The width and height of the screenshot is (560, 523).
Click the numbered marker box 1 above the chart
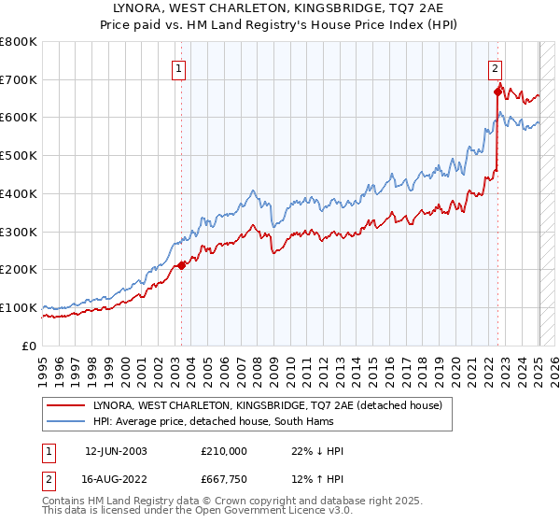point(177,67)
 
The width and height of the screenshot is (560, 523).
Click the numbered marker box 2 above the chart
point(494,67)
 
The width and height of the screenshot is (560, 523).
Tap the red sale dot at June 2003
point(181,265)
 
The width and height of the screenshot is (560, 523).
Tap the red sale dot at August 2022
point(497,92)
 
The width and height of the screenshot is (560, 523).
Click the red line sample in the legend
point(65,405)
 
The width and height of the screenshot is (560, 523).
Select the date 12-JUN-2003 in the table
point(116,451)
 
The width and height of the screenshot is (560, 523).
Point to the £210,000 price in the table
point(224,451)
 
